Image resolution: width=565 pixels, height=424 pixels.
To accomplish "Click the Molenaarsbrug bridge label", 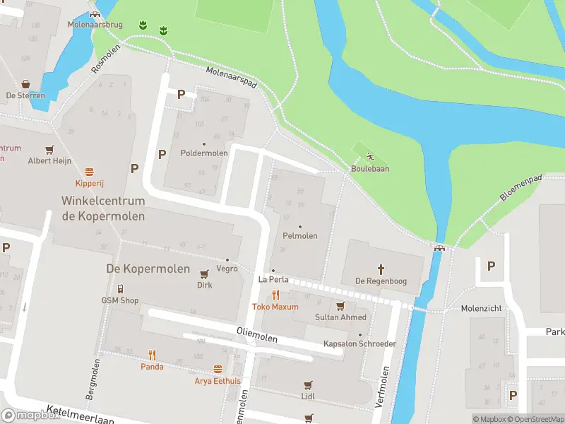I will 95,25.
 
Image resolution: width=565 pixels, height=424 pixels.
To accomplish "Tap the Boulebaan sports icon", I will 370,157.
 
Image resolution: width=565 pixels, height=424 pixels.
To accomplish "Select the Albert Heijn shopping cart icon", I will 49,150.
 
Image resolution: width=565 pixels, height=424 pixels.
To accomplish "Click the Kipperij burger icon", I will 90,172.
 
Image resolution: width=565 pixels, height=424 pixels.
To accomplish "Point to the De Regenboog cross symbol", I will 381,269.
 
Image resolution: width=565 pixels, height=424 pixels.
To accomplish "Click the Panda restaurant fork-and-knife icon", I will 152,355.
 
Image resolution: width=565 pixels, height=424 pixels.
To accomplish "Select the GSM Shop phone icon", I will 120,288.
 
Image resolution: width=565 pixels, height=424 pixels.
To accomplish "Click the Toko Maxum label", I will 275,307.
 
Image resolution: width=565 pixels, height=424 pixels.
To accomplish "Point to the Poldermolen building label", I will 204,153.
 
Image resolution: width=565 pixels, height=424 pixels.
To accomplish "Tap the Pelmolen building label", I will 299,236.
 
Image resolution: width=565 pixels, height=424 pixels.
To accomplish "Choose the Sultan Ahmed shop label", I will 341,317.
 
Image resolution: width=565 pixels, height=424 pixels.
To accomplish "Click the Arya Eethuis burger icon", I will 218,370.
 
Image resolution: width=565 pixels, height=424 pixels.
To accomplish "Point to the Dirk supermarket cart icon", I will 205,274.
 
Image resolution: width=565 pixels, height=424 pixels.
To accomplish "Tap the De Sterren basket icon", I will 25,83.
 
